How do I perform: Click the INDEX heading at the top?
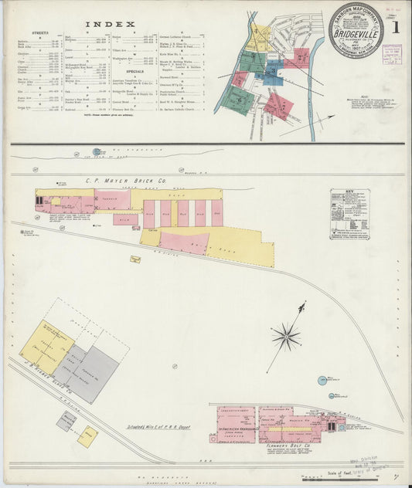point(114,24)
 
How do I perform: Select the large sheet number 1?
point(396,27)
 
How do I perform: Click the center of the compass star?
point(286,336)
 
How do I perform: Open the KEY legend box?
point(349,214)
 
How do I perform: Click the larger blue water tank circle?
point(322,380)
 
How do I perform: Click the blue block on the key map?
point(273,70)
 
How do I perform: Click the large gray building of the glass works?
point(92,372)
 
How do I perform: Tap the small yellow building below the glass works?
point(88,436)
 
